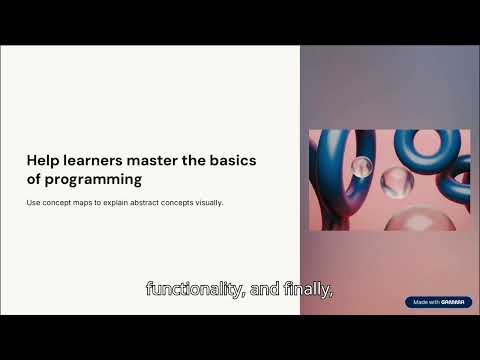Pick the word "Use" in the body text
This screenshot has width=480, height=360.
32,203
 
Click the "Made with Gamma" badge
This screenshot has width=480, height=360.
438,302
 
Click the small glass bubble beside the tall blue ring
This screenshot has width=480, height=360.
361,166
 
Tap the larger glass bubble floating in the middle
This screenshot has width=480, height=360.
397,182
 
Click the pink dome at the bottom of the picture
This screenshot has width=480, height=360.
419,219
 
